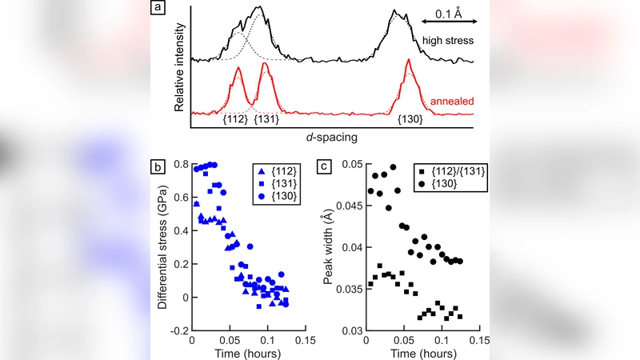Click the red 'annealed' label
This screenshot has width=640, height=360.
click(x=450, y=102)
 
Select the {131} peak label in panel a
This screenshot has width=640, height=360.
click(x=266, y=119)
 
